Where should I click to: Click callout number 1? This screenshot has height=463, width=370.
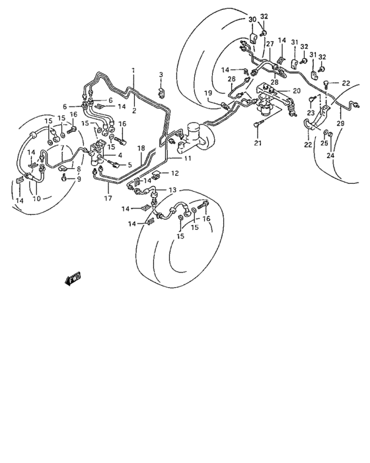click(132, 69)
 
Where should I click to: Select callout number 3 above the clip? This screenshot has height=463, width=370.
click(161, 73)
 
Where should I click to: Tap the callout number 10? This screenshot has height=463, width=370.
click(36, 198)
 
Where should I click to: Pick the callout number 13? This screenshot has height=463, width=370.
click(172, 190)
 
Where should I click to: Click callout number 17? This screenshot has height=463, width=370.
click(108, 196)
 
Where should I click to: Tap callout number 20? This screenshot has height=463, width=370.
click(297, 90)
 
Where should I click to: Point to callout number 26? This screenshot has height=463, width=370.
click(232, 79)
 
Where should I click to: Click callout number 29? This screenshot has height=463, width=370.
click(341, 124)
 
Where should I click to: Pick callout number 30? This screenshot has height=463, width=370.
click(252, 20)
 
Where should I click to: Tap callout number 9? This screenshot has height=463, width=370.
click(79, 179)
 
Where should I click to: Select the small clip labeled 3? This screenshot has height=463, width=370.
click(161, 89)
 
